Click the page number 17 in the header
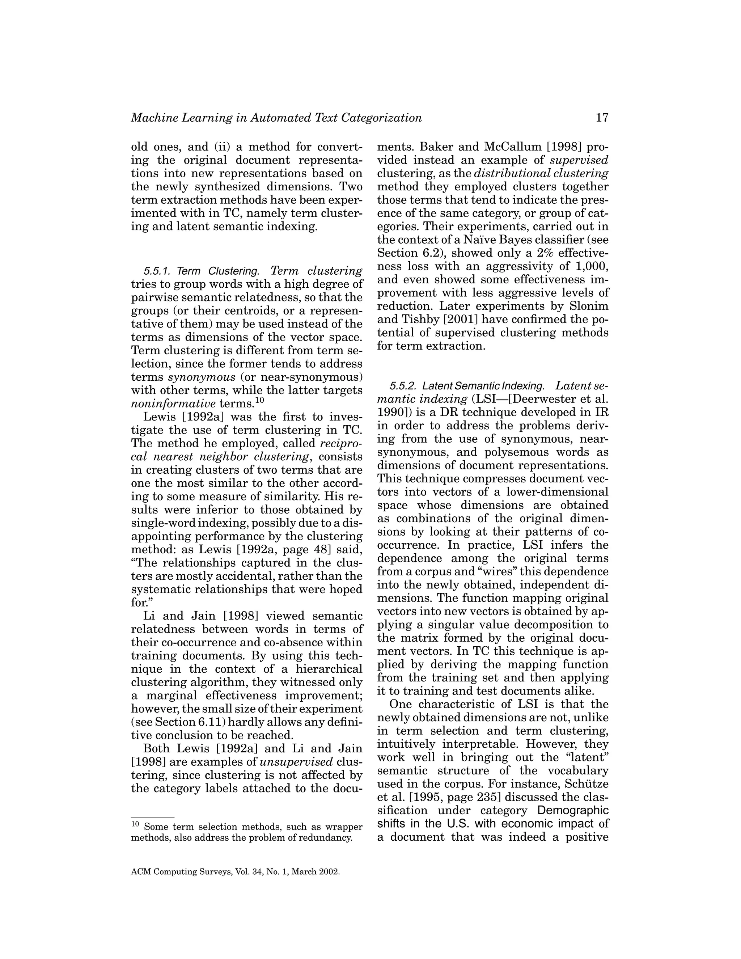[x=602, y=118]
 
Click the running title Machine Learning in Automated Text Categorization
[x=276, y=118]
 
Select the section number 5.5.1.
[x=157, y=271]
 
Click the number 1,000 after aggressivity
[x=592, y=266]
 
